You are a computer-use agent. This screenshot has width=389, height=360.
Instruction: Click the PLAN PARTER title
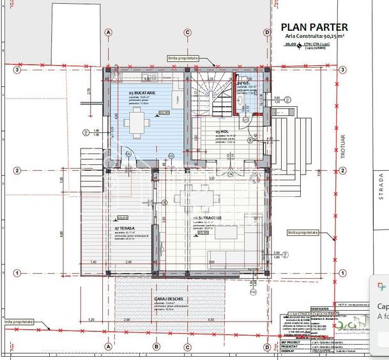coord(315,27)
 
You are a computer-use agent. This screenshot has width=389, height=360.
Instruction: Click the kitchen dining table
coord(137,121)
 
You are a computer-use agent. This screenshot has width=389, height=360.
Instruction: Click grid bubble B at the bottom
coord(155,347)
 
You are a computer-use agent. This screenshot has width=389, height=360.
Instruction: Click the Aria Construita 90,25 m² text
coord(315,37)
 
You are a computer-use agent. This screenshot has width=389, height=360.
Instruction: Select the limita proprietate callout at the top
coord(183,58)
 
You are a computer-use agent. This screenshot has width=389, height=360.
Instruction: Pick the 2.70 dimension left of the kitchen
coord(89,90)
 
